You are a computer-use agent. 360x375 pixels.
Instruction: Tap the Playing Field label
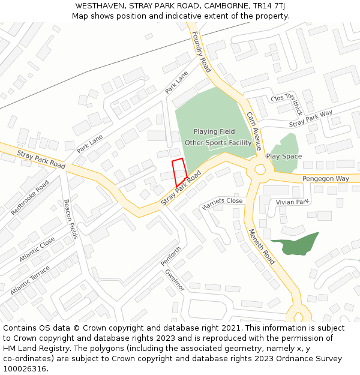click(214, 131)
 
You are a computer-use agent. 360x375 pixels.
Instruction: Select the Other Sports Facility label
click(218, 143)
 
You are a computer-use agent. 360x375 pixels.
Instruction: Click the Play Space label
click(284, 156)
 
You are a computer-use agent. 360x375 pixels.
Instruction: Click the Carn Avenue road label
click(254, 130)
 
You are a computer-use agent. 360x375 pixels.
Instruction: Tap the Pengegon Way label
click(325, 179)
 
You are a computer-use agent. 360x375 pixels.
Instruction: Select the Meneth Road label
click(261, 247)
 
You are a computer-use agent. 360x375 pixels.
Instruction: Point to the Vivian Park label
click(292, 203)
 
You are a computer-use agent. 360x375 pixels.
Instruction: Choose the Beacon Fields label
click(71, 218)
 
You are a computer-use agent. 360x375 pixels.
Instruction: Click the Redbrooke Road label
click(30, 197)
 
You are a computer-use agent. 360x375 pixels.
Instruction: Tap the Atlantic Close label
click(37, 248)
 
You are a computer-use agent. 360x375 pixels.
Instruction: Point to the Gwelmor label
click(175, 280)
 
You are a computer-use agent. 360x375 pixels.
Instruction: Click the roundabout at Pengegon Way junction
click(260, 169)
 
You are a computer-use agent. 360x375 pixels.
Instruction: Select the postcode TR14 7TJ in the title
click(269, 5)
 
